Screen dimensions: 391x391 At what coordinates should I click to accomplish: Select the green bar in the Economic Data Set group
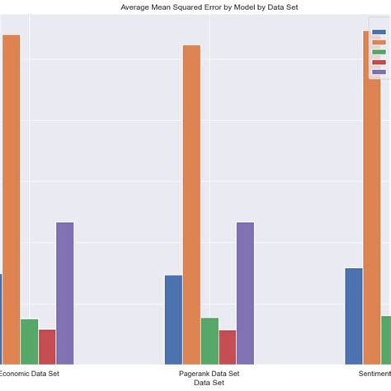29,342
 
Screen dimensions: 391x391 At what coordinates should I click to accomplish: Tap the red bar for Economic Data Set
47,346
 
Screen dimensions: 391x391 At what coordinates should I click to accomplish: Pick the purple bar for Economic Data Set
65,293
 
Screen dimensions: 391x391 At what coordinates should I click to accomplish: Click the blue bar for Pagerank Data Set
173,319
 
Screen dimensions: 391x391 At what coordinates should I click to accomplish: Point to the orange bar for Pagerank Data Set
191,205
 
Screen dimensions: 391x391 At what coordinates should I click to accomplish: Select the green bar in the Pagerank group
210,341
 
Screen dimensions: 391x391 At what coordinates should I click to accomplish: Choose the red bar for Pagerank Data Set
228,347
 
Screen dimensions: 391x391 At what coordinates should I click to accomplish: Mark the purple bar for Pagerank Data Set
246,293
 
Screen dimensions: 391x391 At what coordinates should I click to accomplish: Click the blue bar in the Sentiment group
354,316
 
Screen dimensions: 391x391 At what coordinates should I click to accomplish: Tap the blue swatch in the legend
379,32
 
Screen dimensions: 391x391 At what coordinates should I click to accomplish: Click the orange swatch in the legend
379,42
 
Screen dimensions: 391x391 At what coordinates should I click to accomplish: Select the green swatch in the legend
379,52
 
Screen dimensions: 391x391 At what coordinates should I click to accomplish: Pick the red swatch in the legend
379,62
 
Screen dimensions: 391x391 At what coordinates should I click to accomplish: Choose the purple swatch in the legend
379,72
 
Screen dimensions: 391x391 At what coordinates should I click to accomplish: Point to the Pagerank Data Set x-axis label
209,374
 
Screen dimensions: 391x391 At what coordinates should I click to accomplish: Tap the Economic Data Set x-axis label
30,374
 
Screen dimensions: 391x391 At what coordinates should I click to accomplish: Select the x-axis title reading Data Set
209,383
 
